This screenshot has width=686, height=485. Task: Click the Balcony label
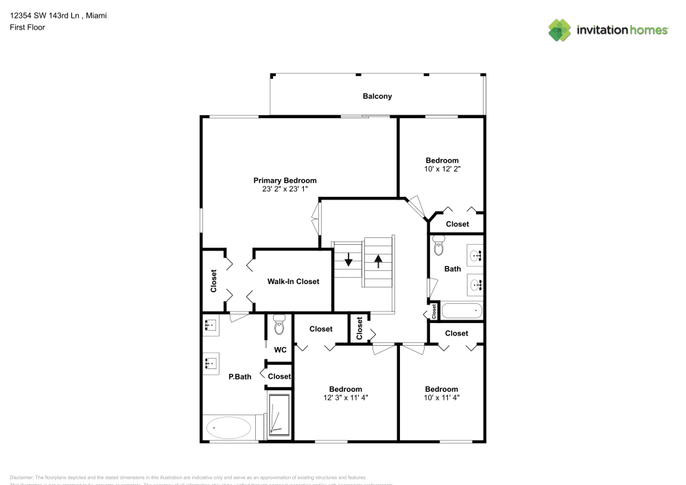click(x=377, y=96)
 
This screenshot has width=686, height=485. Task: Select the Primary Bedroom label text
click(x=285, y=180)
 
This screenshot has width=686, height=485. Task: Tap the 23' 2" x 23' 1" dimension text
click(x=285, y=189)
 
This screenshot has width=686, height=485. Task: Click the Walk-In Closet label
click(x=293, y=281)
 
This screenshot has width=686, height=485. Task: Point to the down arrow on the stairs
click(x=348, y=260)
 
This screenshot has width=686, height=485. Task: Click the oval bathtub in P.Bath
click(x=227, y=427)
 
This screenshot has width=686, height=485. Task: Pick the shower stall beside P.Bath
click(x=279, y=414)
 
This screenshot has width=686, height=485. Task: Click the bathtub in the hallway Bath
click(x=462, y=311)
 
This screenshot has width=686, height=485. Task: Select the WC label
click(x=280, y=350)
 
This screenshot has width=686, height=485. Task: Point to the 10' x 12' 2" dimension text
click(x=442, y=168)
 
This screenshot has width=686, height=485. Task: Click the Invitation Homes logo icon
click(x=559, y=29)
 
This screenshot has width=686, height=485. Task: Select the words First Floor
click(x=27, y=27)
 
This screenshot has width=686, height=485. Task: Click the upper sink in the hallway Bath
click(x=475, y=256)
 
